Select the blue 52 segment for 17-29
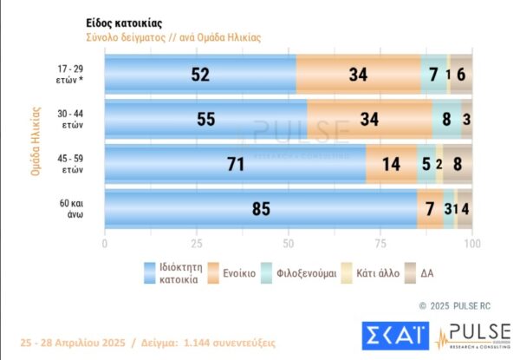pyautogui.click(x=200, y=75)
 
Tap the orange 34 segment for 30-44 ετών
pyautogui.click(x=370, y=120)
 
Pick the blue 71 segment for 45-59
pyautogui.click(x=235, y=164)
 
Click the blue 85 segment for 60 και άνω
pyautogui.click(x=261, y=209)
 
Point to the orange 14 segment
pyautogui.click(x=391, y=164)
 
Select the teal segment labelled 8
pyautogui.click(x=447, y=120)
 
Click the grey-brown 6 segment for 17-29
pyautogui.click(x=461, y=75)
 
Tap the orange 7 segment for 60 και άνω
pyautogui.click(x=430, y=209)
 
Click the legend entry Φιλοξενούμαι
pyautogui.click(x=306, y=273)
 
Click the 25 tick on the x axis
pyautogui.click(x=197, y=245)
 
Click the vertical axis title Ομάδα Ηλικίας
pyautogui.click(x=36, y=141)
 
